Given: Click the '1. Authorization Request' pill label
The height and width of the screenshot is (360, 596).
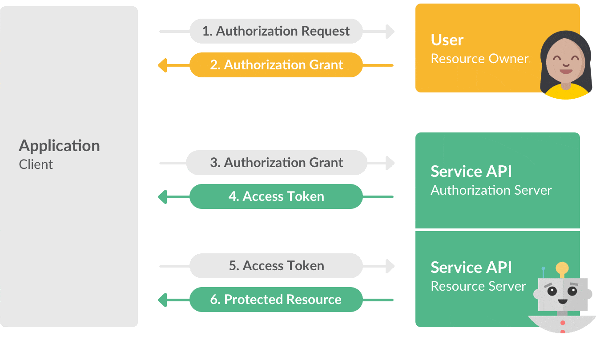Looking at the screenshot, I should click(x=276, y=31).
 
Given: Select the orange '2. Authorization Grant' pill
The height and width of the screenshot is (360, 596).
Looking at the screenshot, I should click(x=276, y=65).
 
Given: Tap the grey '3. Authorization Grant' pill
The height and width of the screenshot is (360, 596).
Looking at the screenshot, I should click(x=276, y=163).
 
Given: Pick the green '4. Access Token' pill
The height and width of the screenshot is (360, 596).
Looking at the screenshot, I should click(x=276, y=196).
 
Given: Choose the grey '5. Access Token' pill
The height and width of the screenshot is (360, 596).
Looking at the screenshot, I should click(x=276, y=266).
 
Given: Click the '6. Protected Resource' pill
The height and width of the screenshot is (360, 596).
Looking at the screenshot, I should click(x=276, y=300).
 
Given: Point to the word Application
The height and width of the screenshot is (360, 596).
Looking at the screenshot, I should click(x=59, y=146).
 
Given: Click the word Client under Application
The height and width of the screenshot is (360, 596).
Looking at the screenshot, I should click(x=36, y=164).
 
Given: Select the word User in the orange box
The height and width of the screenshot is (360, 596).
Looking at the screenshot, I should click(x=447, y=40).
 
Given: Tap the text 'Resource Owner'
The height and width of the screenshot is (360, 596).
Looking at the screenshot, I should click(x=479, y=59).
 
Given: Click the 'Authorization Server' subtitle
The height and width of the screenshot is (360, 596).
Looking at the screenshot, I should click(x=491, y=190).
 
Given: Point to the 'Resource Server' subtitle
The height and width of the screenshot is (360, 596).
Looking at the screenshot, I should click(x=478, y=286).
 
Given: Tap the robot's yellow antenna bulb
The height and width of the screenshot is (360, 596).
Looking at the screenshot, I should click(x=562, y=268).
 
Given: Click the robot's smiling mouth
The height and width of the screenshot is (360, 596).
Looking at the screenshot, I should click(x=563, y=301).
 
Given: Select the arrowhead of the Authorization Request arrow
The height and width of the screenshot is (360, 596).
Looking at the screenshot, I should click(x=390, y=31).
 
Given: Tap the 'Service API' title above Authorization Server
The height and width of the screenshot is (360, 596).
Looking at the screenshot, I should click(x=471, y=172).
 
